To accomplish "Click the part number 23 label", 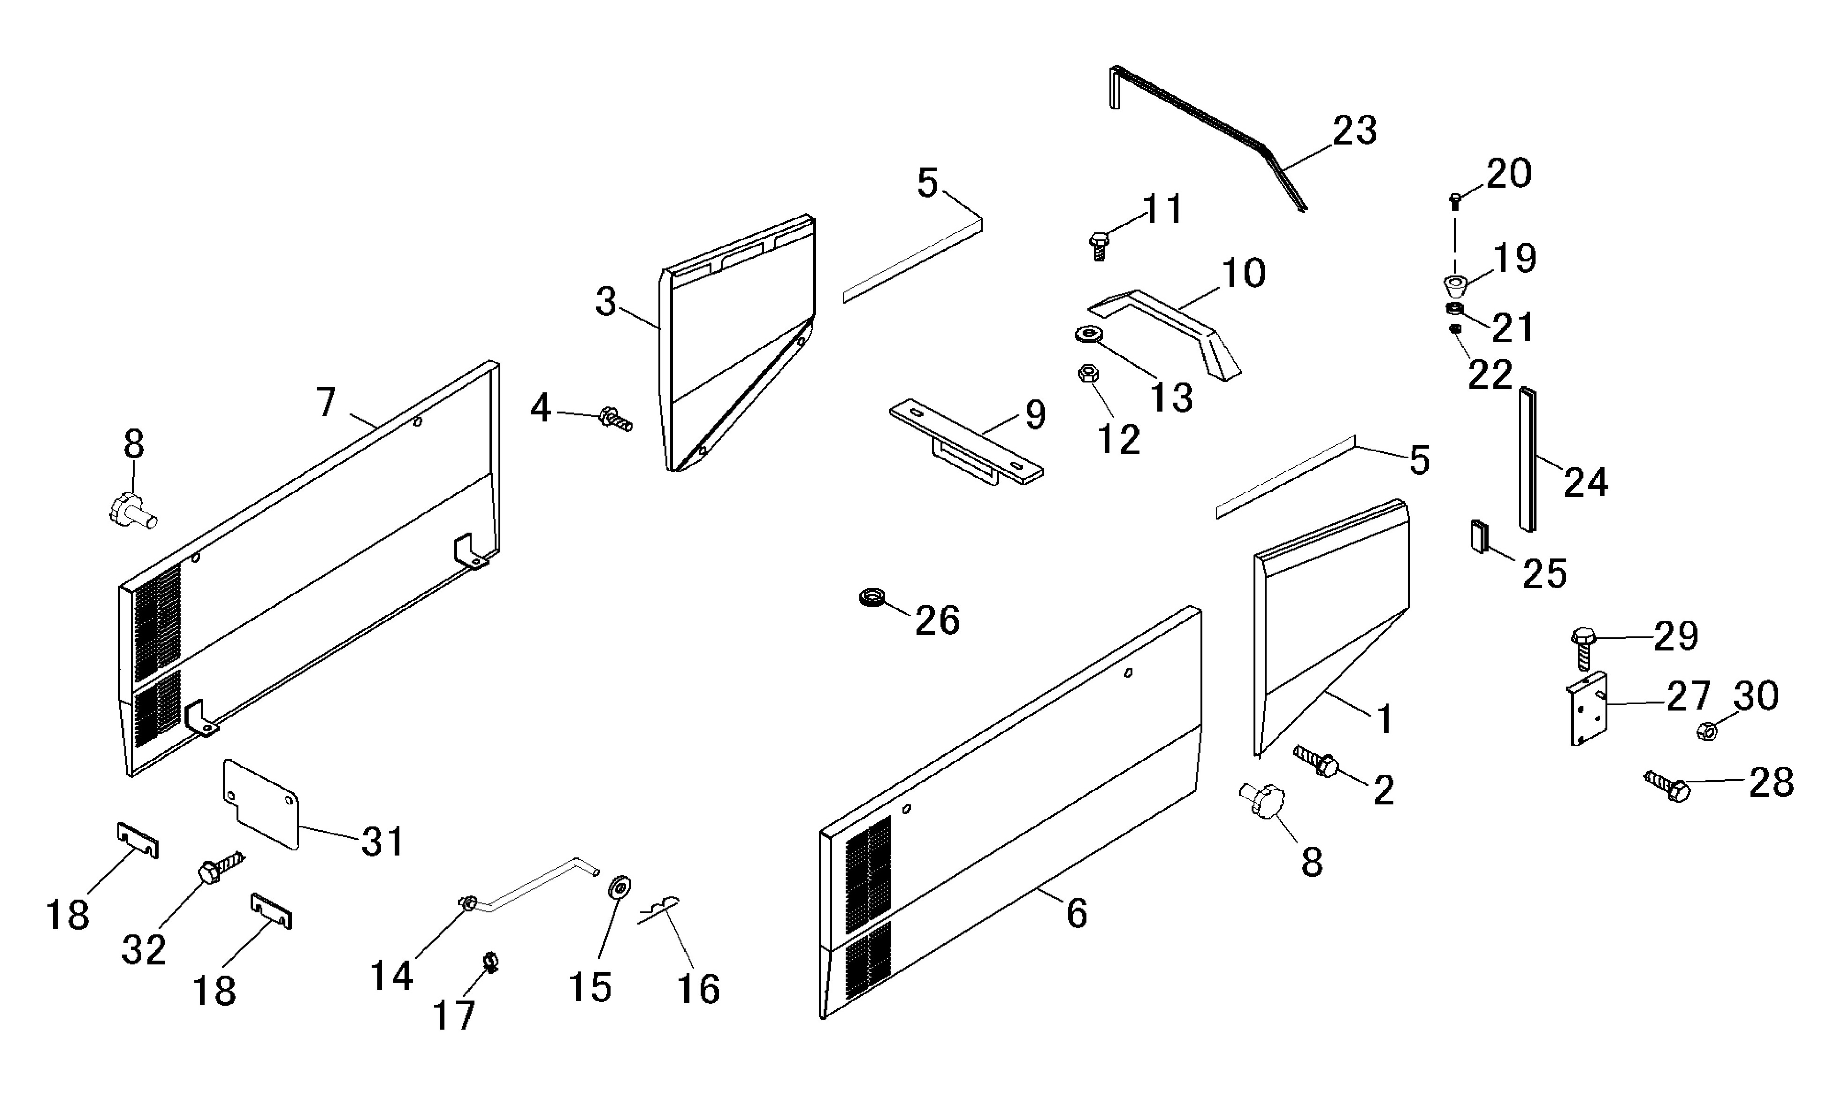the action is click(x=1354, y=131).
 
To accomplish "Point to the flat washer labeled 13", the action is click(x=1089, y=334).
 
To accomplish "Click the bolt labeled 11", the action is click(x=1098, y=245).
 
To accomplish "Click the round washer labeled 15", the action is click(x=619, y=887).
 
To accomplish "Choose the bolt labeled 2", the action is click(x=1316, y=762).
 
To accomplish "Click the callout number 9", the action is click(x=1036, y=415).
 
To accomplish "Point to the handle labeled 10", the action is click(x=1164, y=335).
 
